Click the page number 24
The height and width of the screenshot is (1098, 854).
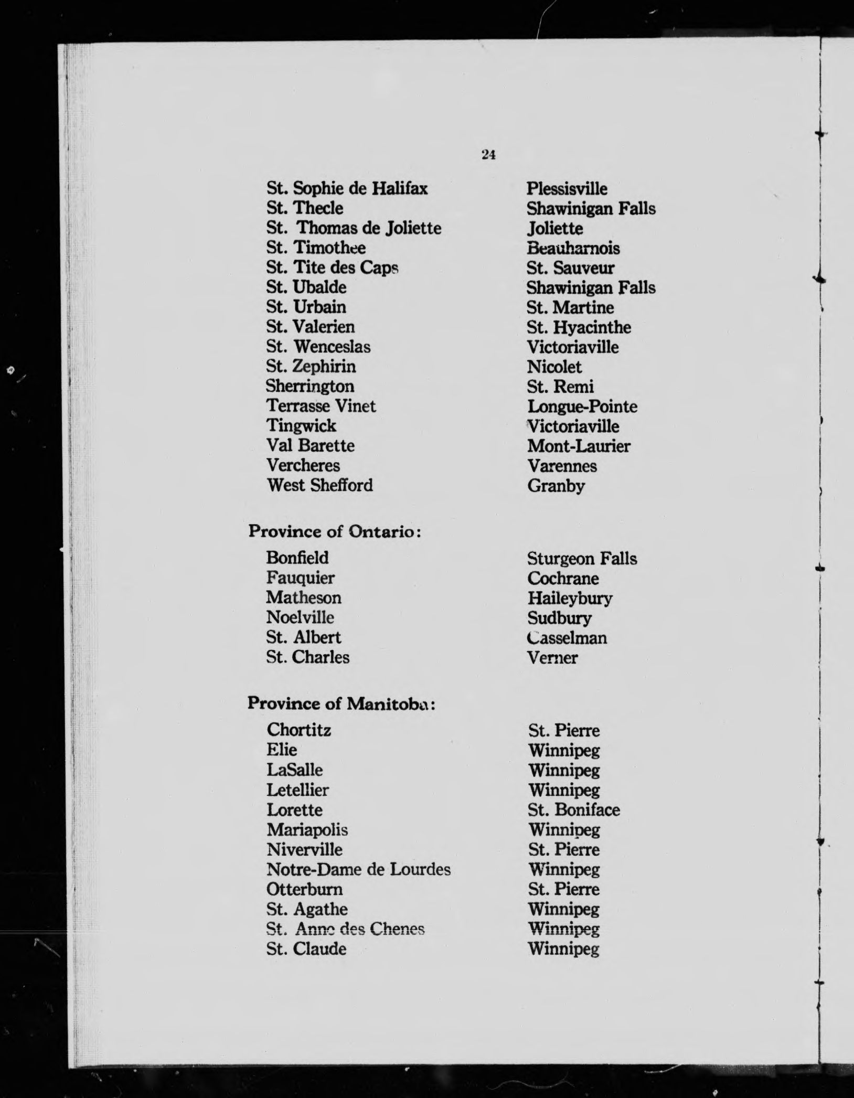pyautogui.click(x=488, y=155)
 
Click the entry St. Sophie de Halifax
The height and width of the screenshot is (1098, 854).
pyautogui.click(x=347, y=188)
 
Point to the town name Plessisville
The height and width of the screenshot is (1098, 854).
pyautogui.click(x=567, y=189)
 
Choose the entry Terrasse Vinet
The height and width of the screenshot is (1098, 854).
pyautogui.click(x=321, y=406)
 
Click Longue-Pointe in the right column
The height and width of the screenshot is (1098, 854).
pyautogui.click(x=582, y=407)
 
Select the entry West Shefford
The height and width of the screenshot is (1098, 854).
pyautogui.click(x=319, y=485)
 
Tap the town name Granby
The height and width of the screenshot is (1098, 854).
pyautogui.click(x=556, y=486)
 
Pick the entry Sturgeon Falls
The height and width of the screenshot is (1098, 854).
pyautogui.click(x=582, y=559)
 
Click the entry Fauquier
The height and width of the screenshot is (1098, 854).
pyautogui.click(x=300, y=578)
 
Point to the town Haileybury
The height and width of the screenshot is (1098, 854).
pyautogui.click(x=570, y=599)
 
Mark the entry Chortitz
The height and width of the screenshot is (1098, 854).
pyautogui.click(x=298, y=730)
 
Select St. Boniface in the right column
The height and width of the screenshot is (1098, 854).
pyautogui.click(x=574, y=810)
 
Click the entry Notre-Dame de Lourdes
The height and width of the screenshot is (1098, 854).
pyautogui.click(x=358, y=870)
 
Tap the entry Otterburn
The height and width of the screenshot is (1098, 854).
pyautogui.click(x=304, y=890)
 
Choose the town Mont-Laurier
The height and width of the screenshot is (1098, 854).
pyautogui.click(x=579, y=446)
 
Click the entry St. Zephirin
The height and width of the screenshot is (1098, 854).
pyautogui.click(x=311, y=366)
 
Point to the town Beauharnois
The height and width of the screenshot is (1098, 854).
pyautogui.click(x=573, y=248)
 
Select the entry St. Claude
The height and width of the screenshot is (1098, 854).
pyautogui.click(x=306, y=949)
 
